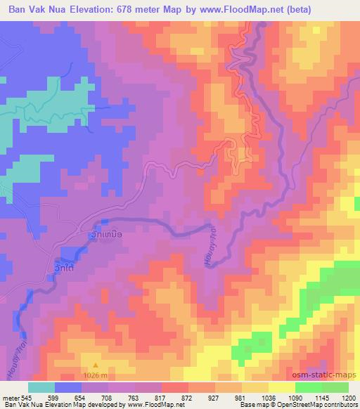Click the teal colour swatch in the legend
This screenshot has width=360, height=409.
tap(41, 387)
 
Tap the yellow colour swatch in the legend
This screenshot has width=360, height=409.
tap(281, 387)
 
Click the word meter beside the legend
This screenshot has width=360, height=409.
tap(11, 397)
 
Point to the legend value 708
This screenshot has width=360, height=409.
tap(105, 397)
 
